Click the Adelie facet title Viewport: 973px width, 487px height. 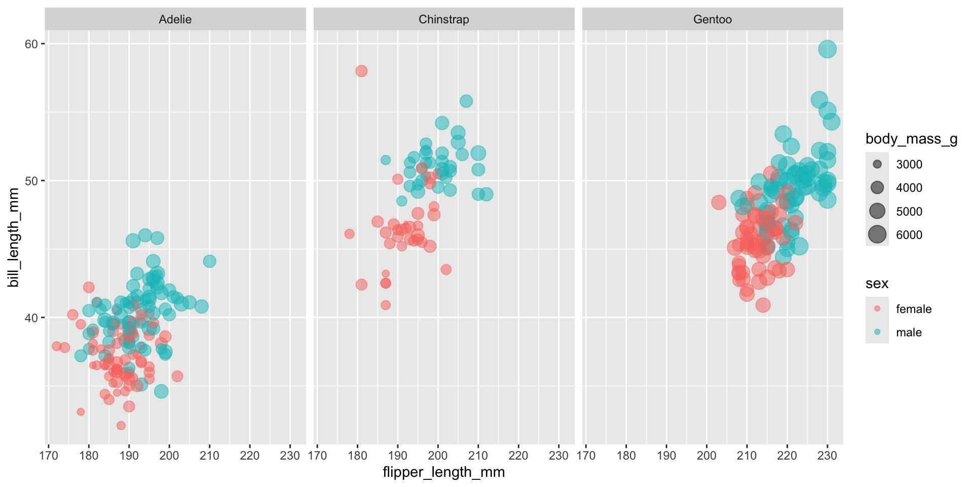[175, 19]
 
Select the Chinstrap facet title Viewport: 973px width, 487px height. [443, 19]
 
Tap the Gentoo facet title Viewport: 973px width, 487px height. [712, 19]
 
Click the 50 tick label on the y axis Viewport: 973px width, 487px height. [31, 181]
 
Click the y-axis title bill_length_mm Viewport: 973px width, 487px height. [14, 237]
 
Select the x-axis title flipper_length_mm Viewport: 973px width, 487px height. [443, 472]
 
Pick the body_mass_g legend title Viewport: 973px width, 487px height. [911, 139]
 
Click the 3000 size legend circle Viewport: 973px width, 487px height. [877, 164]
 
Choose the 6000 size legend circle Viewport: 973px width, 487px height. [877, 234]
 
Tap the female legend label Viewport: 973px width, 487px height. [913, 309]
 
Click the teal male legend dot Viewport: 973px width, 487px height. [877, 332]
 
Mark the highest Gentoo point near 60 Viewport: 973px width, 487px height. [827, 49]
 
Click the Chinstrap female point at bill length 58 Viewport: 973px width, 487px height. [361, 71]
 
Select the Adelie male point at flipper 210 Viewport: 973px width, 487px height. [209, 261]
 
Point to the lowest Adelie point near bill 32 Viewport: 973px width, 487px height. [121, 426]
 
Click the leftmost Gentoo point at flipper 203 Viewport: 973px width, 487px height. [719, 202]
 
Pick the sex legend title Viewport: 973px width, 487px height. [877, 284]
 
